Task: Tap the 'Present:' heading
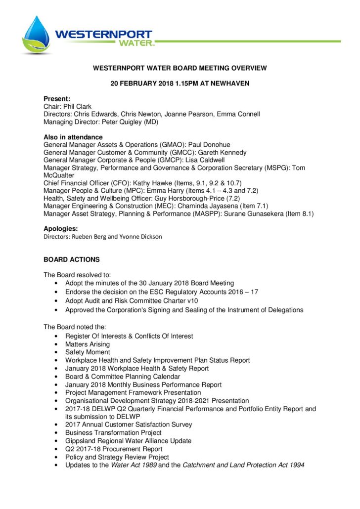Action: click(57, 99)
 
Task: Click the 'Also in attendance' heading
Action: click(73, 137)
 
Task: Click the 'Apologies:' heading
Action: click(61, 229)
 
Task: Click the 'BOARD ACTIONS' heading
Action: click(72, 259)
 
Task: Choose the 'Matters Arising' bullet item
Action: click(88, 344)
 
